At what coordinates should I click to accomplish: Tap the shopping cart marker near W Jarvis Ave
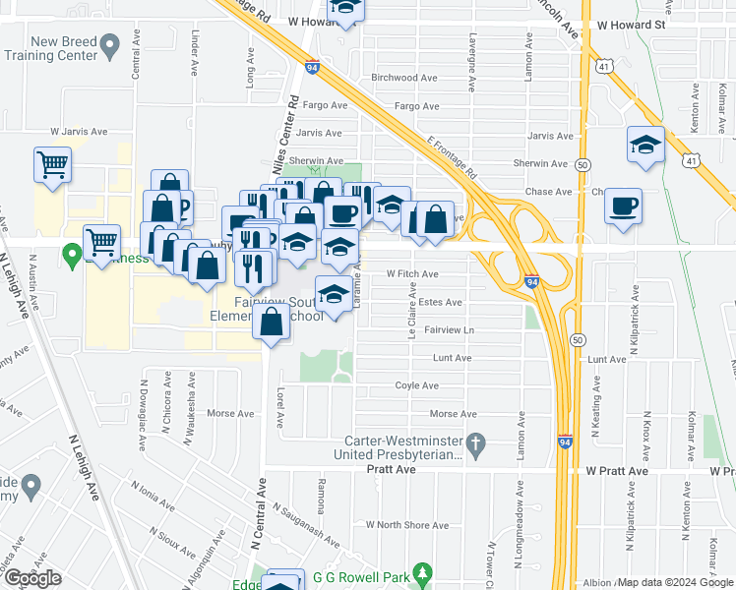point(53,164)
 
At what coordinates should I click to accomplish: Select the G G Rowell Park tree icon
point(422,571)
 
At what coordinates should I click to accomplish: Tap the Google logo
point(32,578)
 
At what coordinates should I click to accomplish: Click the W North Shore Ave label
point(407,525)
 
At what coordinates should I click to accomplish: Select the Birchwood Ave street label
point(404,78)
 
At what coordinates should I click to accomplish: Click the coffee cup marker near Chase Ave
point(623,206)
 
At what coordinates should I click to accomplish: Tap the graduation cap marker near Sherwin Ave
point(645,145)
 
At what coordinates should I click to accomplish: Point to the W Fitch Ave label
point(411,274)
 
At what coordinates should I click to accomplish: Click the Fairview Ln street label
point(449,330)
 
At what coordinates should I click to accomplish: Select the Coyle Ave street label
point(416,386)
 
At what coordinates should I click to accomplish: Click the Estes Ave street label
point(440,303)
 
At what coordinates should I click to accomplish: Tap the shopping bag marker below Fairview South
point(271,322)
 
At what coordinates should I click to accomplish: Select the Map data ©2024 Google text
point(675,582)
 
